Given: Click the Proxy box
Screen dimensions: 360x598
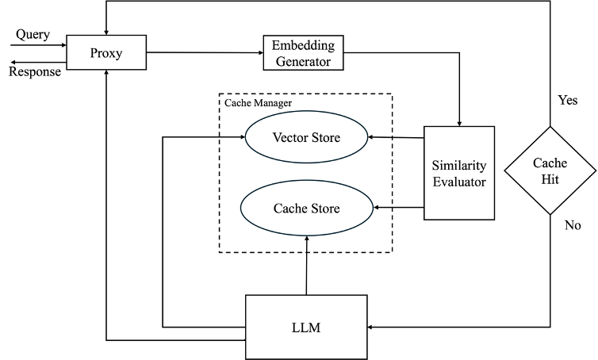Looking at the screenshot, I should [106, 53].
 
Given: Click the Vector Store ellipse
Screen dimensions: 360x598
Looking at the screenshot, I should [306, 138].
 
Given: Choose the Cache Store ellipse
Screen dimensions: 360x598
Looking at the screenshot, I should [306, 209].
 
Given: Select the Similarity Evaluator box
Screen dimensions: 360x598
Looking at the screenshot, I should [458, 173].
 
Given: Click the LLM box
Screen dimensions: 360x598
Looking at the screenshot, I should [306, 327].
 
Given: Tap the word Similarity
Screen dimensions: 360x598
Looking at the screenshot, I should [458, 166].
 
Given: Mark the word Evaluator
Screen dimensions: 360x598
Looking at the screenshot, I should [458, 182].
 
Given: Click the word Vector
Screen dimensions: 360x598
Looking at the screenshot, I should [289, 138].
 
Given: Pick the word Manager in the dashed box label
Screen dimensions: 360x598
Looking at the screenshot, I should [274, 103].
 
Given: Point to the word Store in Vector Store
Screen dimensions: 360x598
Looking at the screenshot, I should [324, 138].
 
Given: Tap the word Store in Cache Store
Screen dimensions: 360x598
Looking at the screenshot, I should [324, 209].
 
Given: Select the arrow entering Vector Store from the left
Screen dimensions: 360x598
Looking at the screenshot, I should [232, 137].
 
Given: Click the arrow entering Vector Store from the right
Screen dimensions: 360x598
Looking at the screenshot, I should [381, 137].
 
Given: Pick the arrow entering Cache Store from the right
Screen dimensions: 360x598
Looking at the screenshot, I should [384, 208].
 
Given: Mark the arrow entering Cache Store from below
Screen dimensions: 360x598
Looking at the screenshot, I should [306, 243].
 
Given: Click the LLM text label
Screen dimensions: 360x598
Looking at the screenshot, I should [306, 327].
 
